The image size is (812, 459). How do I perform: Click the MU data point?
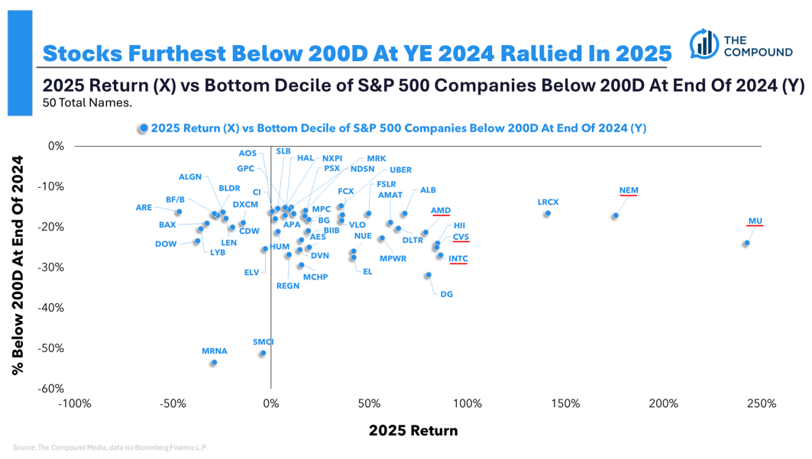click(x=746, y=244)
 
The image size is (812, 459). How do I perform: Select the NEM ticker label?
click(x=629, y=190)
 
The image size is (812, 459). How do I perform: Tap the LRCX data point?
click(x=548, y=214)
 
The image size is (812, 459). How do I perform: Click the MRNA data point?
click(x=214, y=363)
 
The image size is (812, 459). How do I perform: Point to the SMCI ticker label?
click(x=263, y=342)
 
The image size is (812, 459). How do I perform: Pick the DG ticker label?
click(x=446, y=294)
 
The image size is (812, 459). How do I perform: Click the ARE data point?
click(x=179, y=212)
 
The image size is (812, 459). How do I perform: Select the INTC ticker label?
click(x=458, y=259)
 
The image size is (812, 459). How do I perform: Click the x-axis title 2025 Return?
click(x=413, y=431)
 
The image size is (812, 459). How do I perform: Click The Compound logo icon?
click(x=704, y=44)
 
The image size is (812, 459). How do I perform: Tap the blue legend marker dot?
click(x=143, y=128)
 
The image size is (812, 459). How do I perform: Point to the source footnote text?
click(x=110, y=448)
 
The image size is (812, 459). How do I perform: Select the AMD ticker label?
click(x=441, y=210)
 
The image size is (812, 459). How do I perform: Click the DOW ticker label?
click(x=166, y=244)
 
